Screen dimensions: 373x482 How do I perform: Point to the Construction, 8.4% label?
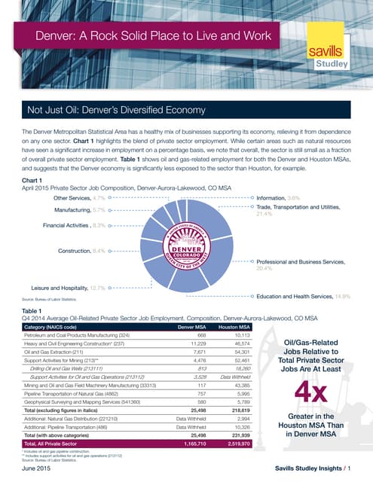click(86, 249)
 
